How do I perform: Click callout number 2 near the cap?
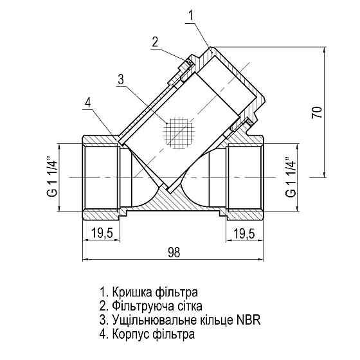coord(155,42)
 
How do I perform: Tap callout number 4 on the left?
coord(88,102)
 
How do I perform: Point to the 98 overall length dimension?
coord(172,252)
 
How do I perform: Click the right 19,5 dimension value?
coord(242,232)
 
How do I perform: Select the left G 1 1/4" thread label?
coord(50,176)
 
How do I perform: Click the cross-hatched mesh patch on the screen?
coord(179,132)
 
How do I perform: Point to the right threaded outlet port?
coord(244,175)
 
